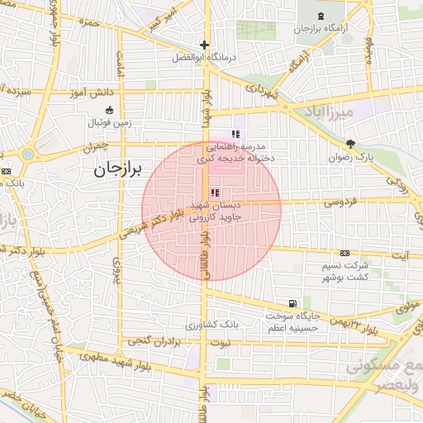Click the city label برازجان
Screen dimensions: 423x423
[113, 169]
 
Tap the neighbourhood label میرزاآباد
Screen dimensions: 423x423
[349, 111]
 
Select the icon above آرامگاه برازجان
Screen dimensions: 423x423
[320, 15]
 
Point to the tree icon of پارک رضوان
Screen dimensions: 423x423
[350, 143]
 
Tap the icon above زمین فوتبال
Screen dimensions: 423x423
[109, 110]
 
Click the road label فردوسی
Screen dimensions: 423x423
[339, 201]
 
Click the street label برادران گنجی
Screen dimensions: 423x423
[154, 340]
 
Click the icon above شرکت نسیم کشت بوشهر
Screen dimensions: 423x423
[345, 254]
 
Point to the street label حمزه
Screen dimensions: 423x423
[88, 23]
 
